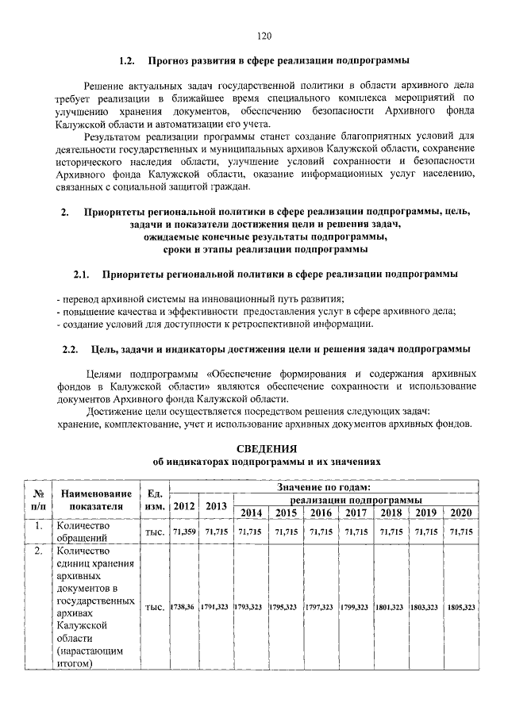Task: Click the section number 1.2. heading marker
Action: tap(127, 60)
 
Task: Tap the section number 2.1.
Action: tap(82, 275)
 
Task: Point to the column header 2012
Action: tap(183, 506)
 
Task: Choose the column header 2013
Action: tap(215, 506)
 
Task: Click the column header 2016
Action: tap(320, 513)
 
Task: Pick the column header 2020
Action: tap(461, 513)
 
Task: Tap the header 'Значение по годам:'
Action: tap(324, 486)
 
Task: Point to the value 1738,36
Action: tap(183, 607)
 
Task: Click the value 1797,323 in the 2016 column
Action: tap(320, 607)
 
